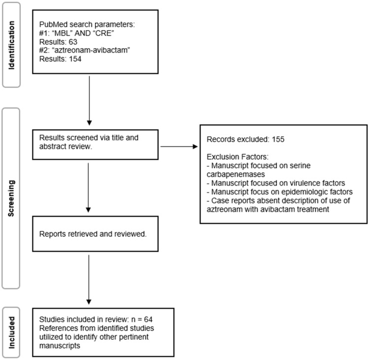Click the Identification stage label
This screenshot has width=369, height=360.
11,45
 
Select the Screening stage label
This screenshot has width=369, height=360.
11,198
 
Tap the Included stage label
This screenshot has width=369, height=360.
11,332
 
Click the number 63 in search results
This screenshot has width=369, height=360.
73,42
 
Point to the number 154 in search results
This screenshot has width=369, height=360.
75,59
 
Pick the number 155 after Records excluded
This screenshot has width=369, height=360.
278,139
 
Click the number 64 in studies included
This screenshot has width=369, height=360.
148,319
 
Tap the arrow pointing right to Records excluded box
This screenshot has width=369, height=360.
179,147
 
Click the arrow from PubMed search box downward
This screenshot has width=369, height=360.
89,100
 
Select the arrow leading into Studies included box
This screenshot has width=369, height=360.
89,280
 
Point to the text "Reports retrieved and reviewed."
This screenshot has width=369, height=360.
93,234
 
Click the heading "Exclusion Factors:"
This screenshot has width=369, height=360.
237,157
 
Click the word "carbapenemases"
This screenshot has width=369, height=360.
236,174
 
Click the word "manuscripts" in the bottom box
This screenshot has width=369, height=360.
60,346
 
